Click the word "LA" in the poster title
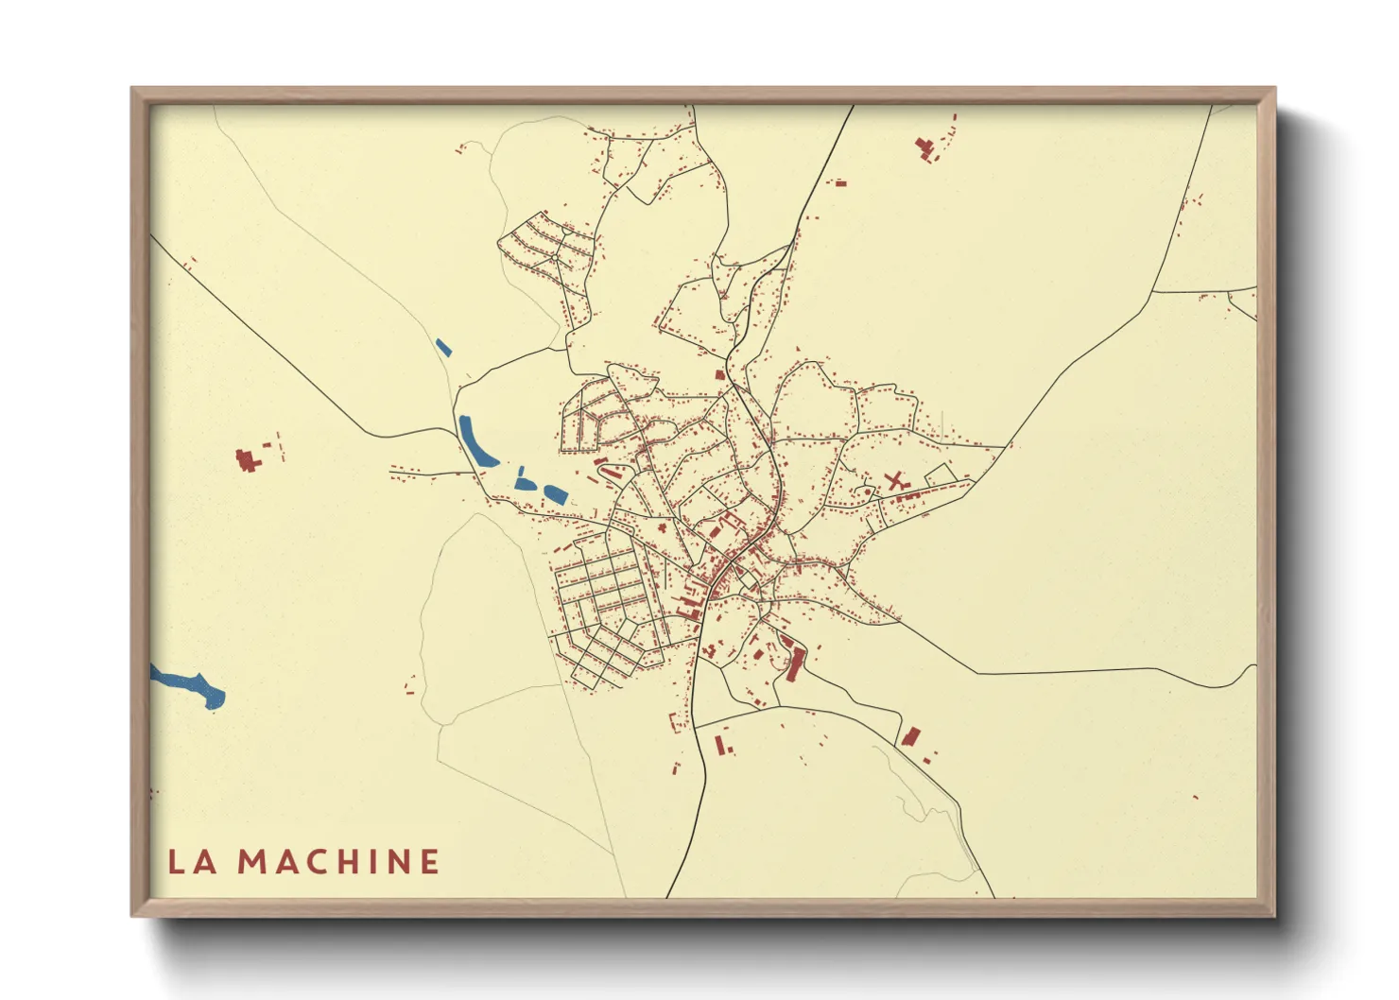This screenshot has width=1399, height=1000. coord(193,861)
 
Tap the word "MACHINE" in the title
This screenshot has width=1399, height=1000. coord(337,861)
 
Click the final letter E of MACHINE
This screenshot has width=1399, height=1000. coord(429,861)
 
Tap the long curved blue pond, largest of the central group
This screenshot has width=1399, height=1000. coord(475,441)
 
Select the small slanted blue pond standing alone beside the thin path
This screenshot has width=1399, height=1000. coord(442,347)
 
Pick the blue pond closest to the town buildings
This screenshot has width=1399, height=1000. coord(554,492)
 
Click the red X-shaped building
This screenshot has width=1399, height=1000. coord(894,481)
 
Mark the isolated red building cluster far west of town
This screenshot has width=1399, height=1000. coord(249,460)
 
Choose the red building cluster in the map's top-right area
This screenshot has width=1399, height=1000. coord(925,147)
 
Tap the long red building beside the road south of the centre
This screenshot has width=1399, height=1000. coord(794,664)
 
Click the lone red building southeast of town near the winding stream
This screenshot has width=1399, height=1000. coord(911,735)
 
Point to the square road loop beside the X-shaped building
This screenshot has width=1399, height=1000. coord(941,475)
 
